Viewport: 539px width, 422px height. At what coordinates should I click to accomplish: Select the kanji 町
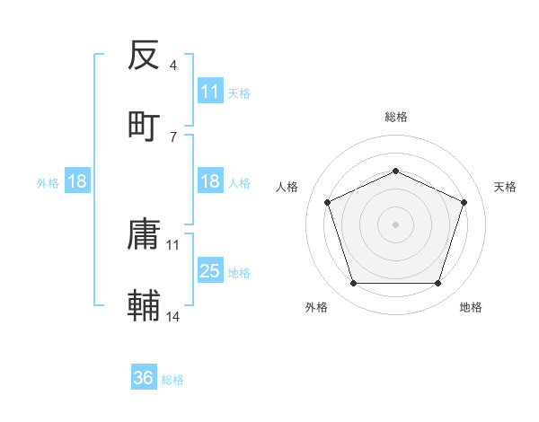145,125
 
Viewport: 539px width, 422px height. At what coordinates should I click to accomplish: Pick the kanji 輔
145,306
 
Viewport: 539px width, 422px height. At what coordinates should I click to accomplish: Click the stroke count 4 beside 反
173,65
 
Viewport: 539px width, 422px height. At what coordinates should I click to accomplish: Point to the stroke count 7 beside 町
173,136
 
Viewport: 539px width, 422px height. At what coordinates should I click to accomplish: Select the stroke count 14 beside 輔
173,316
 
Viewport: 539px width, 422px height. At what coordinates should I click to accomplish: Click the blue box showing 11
210,92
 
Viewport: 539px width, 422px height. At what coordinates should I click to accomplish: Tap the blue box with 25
210,271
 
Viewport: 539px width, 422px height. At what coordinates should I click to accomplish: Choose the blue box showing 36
144,378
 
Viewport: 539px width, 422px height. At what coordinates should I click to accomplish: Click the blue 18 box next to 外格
77,181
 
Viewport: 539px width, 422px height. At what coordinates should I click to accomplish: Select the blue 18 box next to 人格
210,181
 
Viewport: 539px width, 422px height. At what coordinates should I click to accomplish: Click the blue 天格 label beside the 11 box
239,92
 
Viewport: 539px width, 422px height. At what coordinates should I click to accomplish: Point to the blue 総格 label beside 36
172,379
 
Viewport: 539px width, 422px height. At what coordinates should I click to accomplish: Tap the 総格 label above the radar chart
395,117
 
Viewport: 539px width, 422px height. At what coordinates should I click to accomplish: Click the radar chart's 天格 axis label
505,187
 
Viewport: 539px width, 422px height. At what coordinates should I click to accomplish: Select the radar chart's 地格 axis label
471,307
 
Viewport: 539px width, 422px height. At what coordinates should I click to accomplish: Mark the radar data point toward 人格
327,202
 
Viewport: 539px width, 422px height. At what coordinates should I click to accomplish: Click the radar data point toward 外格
353,284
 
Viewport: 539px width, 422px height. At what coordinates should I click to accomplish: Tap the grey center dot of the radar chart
395,224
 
